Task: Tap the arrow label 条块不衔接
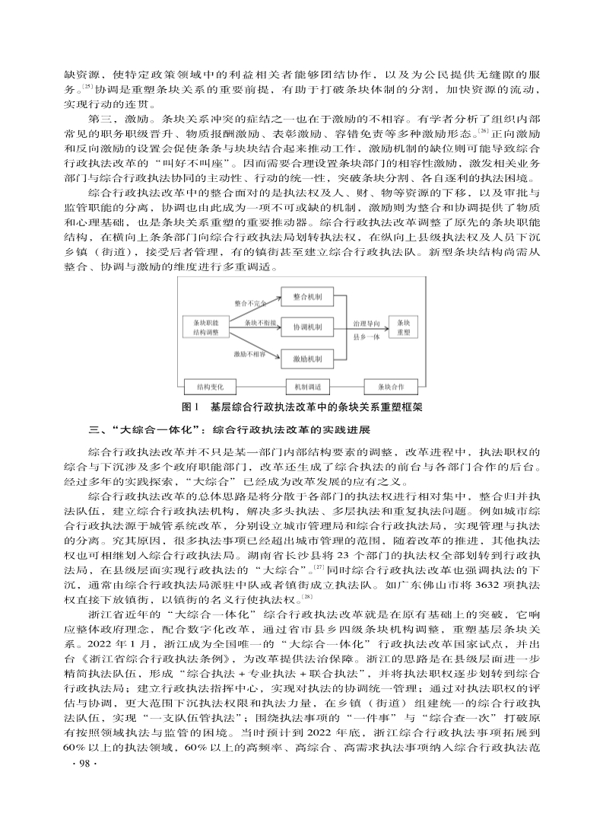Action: click(259, 323)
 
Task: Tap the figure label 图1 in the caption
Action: click(192, 407)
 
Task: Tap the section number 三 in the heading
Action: click(94, 429)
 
